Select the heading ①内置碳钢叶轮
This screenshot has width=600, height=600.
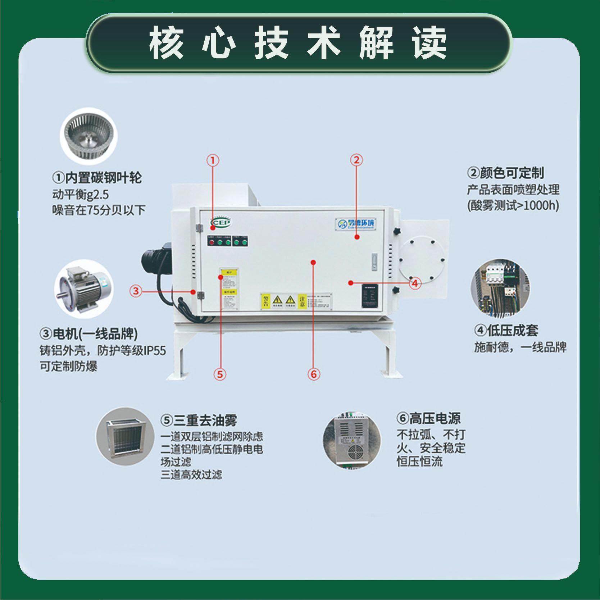(97, 178)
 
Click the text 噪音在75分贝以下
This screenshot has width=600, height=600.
(99, 210)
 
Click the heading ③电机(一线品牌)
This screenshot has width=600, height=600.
(88, 334)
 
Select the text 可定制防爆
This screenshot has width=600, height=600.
(68, 367)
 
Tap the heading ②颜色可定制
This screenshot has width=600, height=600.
(505, 173)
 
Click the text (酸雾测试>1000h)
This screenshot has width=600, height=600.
(513, 206)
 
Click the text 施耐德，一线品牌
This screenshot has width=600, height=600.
(520, 347)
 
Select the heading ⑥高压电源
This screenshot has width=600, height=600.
(428, 418)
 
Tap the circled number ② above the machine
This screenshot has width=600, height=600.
(356, 160)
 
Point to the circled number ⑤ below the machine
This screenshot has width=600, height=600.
(220, 374)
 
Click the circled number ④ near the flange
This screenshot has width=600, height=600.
(415, 284)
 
